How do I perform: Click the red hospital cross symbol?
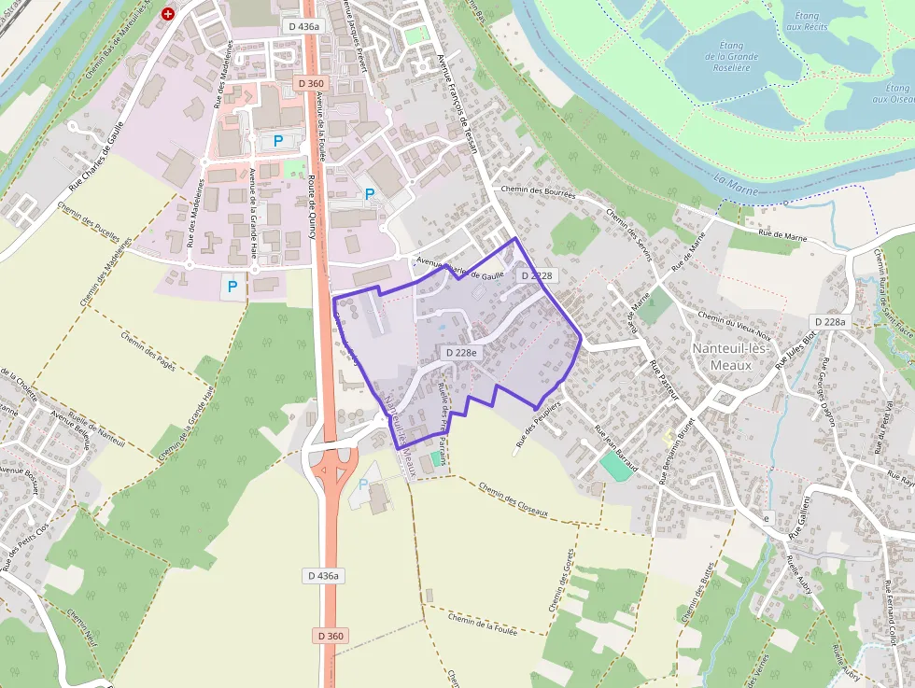pyautogui.click(x=168, y=14)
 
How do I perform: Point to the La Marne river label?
pyautogui.click(x=731, y=178)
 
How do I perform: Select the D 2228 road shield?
pyautogui.click(x=537, y=275)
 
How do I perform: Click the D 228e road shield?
pyautogui.click(x=461, y=352)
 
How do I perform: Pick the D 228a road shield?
pyautogui.click(x=829, y=321)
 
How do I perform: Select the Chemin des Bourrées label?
pyautogui.click(x=538, y=190)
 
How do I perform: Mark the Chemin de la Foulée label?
pyautogui.click(x=482, y=624)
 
